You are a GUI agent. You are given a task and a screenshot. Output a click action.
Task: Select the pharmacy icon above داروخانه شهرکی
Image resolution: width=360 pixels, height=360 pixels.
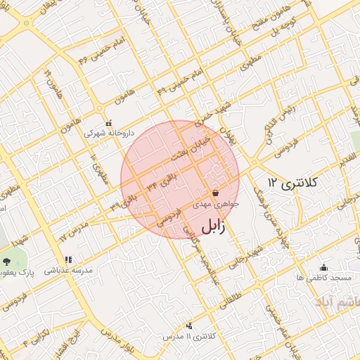[108, 121]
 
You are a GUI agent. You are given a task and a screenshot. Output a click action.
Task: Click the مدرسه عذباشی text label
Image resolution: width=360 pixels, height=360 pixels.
[67, 271]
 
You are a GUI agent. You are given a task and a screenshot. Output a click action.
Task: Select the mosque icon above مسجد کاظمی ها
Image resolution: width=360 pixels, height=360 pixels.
[323, 267]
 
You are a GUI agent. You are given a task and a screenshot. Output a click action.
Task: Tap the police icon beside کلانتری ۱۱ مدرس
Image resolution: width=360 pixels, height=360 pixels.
[188, 326]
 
